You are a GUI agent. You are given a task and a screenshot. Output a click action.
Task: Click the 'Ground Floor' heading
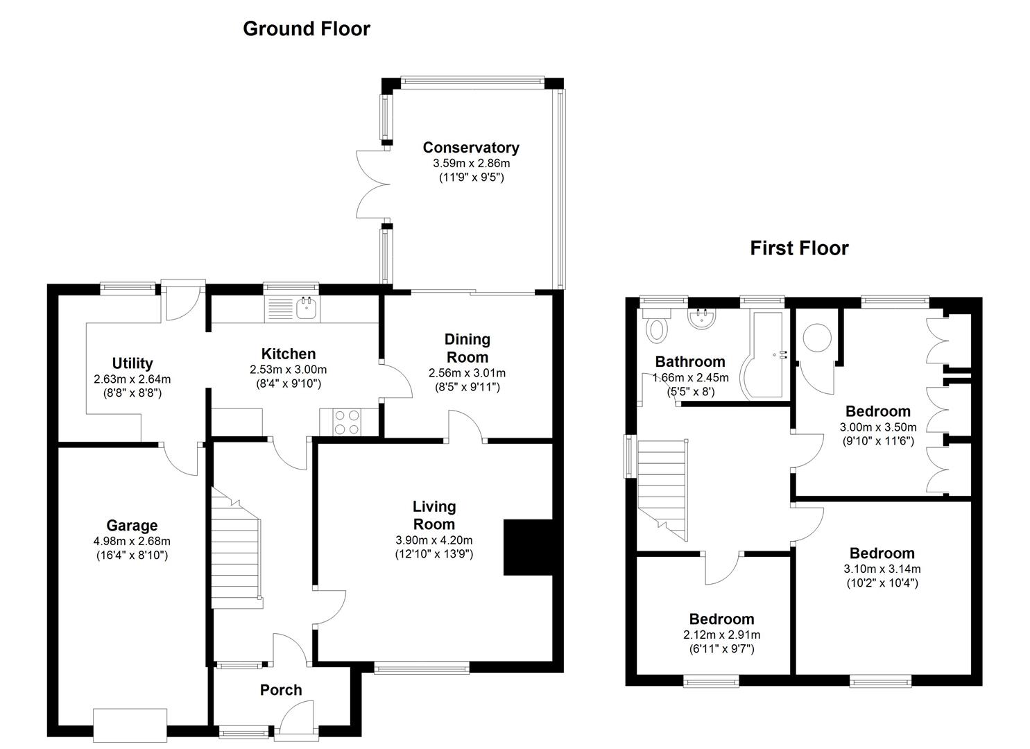pyautogui.click(x=306, y=29)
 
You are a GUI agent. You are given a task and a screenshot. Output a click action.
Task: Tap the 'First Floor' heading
pyautogui.click(x=799, y=248)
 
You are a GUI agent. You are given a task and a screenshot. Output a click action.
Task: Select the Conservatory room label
pyautogui.click(x=471, y=148)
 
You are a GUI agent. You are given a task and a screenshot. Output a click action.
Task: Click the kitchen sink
pyautogui.click(x=306, y=308)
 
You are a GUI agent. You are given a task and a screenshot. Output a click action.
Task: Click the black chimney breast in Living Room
pyautogui.click(x=527, y=547)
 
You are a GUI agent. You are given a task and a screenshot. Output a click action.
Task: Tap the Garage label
pyautogui.click(x=132, y=526)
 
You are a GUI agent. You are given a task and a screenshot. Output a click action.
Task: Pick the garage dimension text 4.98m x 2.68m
pyautogui.click(x=132, y=541)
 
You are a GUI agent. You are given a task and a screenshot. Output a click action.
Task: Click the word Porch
pyautogui.click(x=281, y=690)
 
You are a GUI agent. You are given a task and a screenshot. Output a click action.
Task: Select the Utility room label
pyautogui.click(x=132, y=363)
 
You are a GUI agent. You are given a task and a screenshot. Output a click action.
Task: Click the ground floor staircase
pyautogui.click(x=237, y=548)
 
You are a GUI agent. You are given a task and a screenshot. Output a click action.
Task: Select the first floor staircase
pyautogui.click(x=662, y=489)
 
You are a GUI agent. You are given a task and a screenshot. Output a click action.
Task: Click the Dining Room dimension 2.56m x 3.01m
pyautogui.click(x=467, y=372)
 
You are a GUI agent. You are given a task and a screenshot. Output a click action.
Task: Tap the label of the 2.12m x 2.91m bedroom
pyautogui.click(x=721, y=619)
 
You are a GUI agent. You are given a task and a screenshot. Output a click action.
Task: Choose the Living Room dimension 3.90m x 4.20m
pyautogui.click(x=434, y=540)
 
